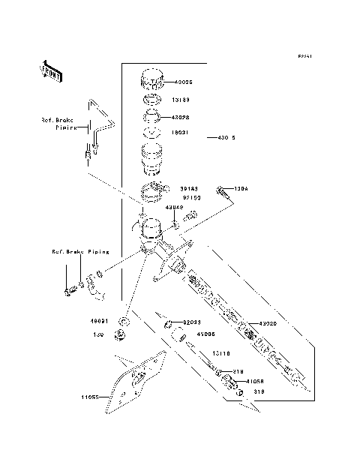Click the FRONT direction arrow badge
click(x=51, y=72)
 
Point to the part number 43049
click(x=174, y=208)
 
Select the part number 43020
click(x=268, y=324)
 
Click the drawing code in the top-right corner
click(x=304, y=56)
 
